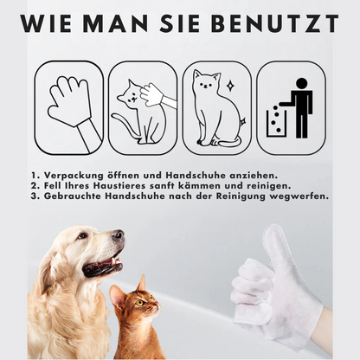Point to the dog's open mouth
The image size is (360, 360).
[x=103, y=262]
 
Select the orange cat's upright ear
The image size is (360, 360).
[x=142, y=282]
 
